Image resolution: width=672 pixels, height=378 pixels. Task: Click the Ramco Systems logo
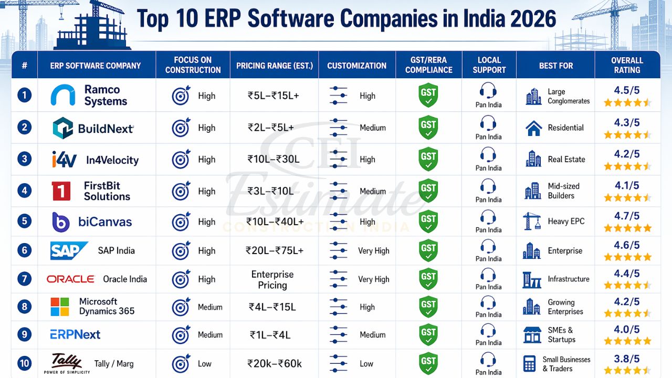(63, 96)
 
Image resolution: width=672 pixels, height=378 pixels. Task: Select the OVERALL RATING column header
(627, 65)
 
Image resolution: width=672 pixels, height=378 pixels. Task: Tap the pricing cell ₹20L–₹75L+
(274, 250)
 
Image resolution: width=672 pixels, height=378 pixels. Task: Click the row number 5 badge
(24, 221)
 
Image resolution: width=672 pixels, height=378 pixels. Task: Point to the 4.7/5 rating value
(627, 216)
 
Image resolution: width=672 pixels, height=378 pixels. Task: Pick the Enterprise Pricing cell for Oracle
(272, 280)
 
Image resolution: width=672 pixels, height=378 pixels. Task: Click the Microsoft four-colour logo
(60, 307)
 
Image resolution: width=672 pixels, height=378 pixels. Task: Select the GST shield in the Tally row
(428, 363)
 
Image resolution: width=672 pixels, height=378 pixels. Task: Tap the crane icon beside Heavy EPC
(532, 221)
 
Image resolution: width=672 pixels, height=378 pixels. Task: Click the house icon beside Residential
(533, 128)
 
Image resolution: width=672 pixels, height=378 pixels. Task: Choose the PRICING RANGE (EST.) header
(274, 66)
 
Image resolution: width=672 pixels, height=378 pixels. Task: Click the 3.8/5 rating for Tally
(627, 359)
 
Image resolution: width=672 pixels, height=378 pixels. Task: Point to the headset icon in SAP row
(488, 247)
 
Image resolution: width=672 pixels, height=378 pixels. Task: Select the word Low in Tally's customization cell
(366, 363)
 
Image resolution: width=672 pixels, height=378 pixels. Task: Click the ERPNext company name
(75, 334)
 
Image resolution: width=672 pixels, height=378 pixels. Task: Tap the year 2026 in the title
(530, 19)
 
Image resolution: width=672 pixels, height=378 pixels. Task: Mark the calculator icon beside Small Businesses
(530, 363)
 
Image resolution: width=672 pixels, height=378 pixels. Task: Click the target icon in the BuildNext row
(181, 128)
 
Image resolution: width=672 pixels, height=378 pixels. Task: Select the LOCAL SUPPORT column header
(489, 65)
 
